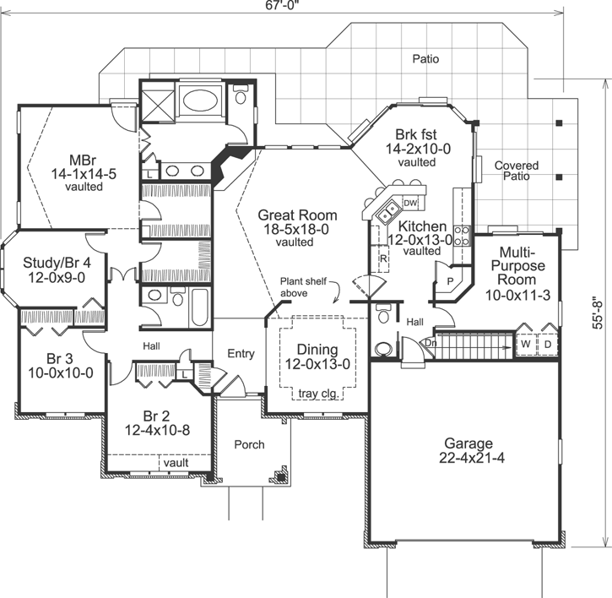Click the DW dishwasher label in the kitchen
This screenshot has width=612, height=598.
(410, 204)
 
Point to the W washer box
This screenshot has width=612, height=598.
(525, 345)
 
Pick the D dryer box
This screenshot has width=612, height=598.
(547, 345)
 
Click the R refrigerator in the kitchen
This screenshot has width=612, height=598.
(382, 258)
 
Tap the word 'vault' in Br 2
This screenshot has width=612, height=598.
(176, 463)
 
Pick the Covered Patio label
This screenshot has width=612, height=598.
(517, 172)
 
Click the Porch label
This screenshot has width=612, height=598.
(249, 444)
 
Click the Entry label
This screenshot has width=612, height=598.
(241, 353)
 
